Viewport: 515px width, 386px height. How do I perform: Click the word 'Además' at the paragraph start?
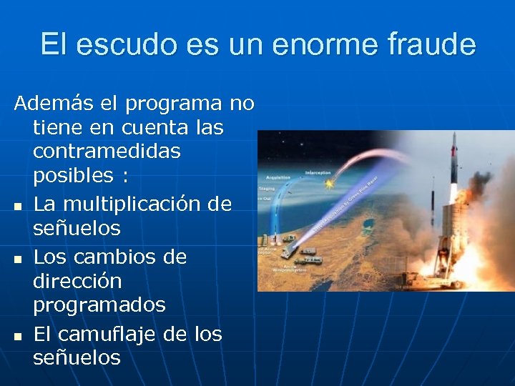pyautogui.click(x=54, y=104)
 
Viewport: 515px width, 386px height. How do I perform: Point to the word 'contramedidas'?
pyautogui.click(x=107, y=152)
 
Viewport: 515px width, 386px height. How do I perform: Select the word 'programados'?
pyautogui.click(x=99, y=305)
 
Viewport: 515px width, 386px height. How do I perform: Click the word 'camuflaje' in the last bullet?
pyautogui.click(x=109, y=334)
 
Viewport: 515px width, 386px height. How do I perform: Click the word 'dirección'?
pyautogui.click(x=77, y=281)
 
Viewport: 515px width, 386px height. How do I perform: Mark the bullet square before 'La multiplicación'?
pyautogui.click(x=17, y=207)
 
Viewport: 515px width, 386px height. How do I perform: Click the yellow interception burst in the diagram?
pyautogui.click(x=328, y=184)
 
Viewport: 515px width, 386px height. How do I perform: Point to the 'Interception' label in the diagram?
pyautogui.click(x=317, y=172)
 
